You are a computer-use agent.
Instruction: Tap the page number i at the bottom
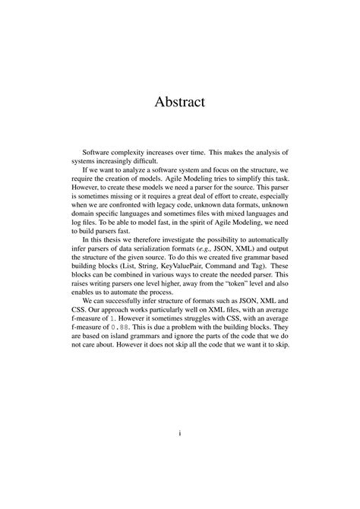coord(179,435)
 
